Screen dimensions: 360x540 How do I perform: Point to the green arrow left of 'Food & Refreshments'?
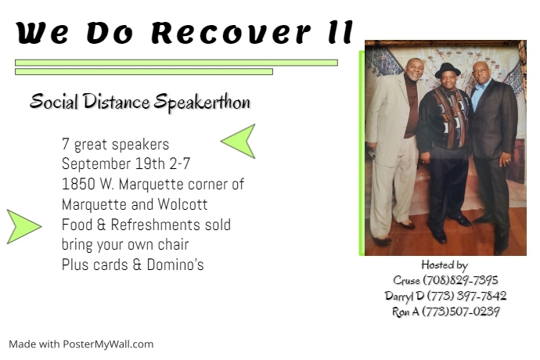point(23,226)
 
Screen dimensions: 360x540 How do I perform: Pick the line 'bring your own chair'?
point(125,245)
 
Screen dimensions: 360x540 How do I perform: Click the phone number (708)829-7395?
point(460,280)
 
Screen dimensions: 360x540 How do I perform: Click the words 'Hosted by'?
point(444,265)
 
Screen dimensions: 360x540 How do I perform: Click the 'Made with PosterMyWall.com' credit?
point(81,344)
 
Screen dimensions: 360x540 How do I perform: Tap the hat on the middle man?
point(447,69)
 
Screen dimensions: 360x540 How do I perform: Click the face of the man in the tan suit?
point(414,72)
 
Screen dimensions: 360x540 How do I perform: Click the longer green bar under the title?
point(176,63)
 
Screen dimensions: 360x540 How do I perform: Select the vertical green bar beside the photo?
point(362,153)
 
